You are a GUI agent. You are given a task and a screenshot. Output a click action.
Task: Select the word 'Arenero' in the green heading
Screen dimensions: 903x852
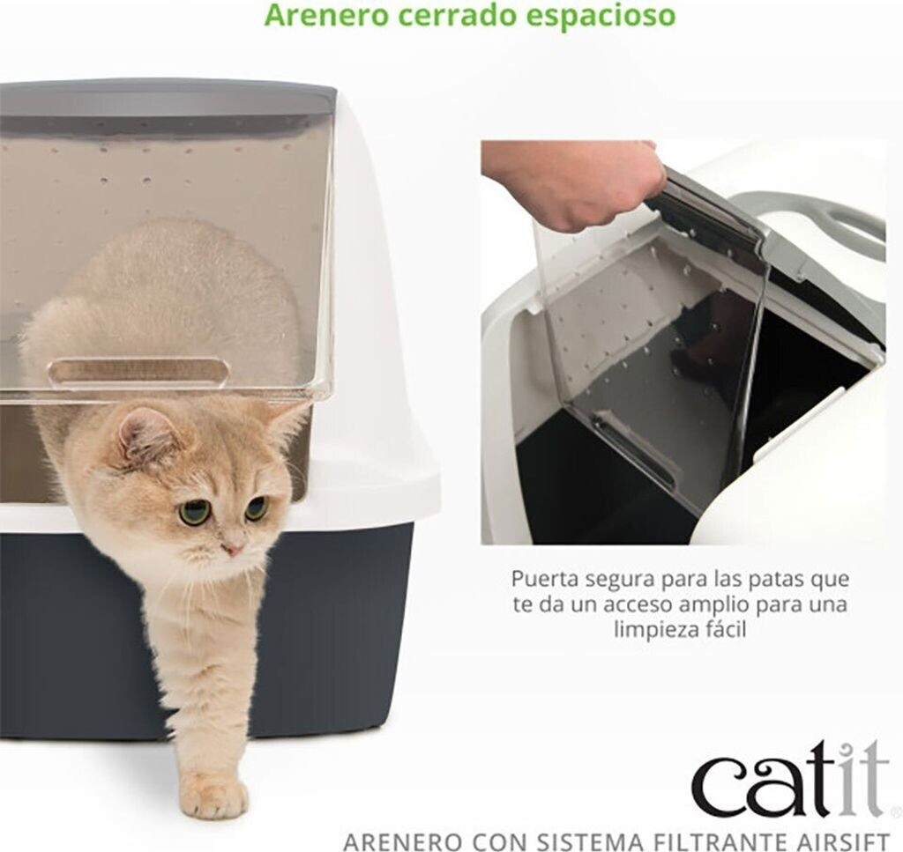tap(326, 16)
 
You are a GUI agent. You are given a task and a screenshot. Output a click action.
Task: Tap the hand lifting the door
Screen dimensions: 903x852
tap(576, 183)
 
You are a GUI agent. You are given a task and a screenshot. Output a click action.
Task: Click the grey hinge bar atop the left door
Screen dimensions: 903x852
tap(167, 98)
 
